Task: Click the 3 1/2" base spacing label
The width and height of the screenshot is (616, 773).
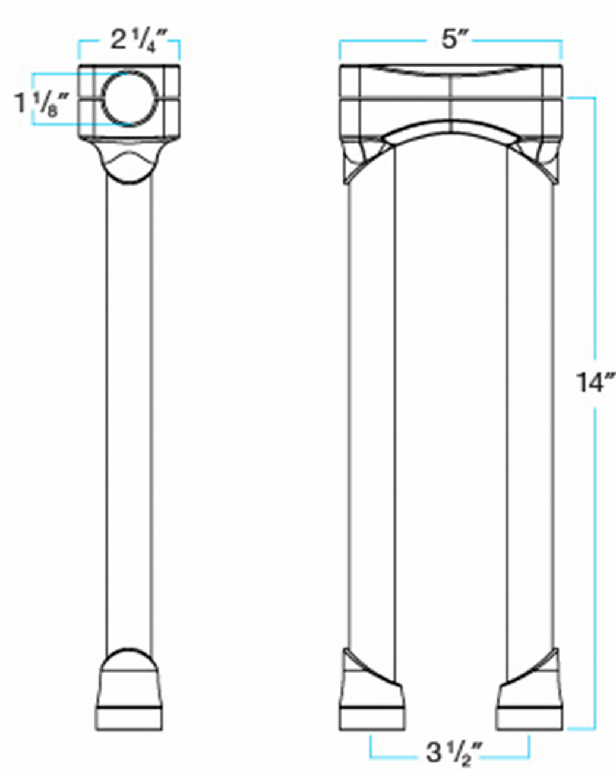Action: pyautogui.click(x=450, y=754)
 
